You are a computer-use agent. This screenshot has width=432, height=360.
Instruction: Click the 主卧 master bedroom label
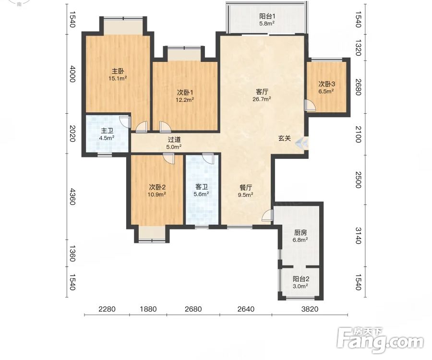(118, 71)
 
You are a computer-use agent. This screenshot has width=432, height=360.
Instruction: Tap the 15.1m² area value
(118, 79)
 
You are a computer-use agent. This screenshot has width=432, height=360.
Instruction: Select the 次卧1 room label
(185, 92)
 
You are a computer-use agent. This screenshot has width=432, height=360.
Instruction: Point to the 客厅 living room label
(262, 92)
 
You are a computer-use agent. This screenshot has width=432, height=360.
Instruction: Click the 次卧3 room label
(327, 84)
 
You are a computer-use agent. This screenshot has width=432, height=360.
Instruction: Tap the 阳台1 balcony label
(267, 16)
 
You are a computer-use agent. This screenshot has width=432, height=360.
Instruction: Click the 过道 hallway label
(174, 140)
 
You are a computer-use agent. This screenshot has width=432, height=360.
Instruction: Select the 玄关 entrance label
(284, 138)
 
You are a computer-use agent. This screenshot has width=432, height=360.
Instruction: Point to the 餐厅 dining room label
(246, 188)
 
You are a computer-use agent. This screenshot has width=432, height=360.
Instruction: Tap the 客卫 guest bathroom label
(202, 187)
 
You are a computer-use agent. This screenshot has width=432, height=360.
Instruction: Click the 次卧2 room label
(157, 187)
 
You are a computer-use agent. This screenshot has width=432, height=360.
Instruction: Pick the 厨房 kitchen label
(300, 233)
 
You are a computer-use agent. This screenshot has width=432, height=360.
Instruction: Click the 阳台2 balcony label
(300, 279)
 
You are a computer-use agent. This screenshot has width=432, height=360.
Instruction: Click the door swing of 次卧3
(310, 105)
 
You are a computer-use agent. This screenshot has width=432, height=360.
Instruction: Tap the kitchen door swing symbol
(267, 215)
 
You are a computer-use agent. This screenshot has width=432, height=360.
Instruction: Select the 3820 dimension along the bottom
(310, 309)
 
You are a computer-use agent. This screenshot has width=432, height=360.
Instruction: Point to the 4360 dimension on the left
(72, 197)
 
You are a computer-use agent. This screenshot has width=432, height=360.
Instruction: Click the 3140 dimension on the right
(358, 236)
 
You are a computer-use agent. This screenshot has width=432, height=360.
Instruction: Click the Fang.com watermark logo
(380, 340)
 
